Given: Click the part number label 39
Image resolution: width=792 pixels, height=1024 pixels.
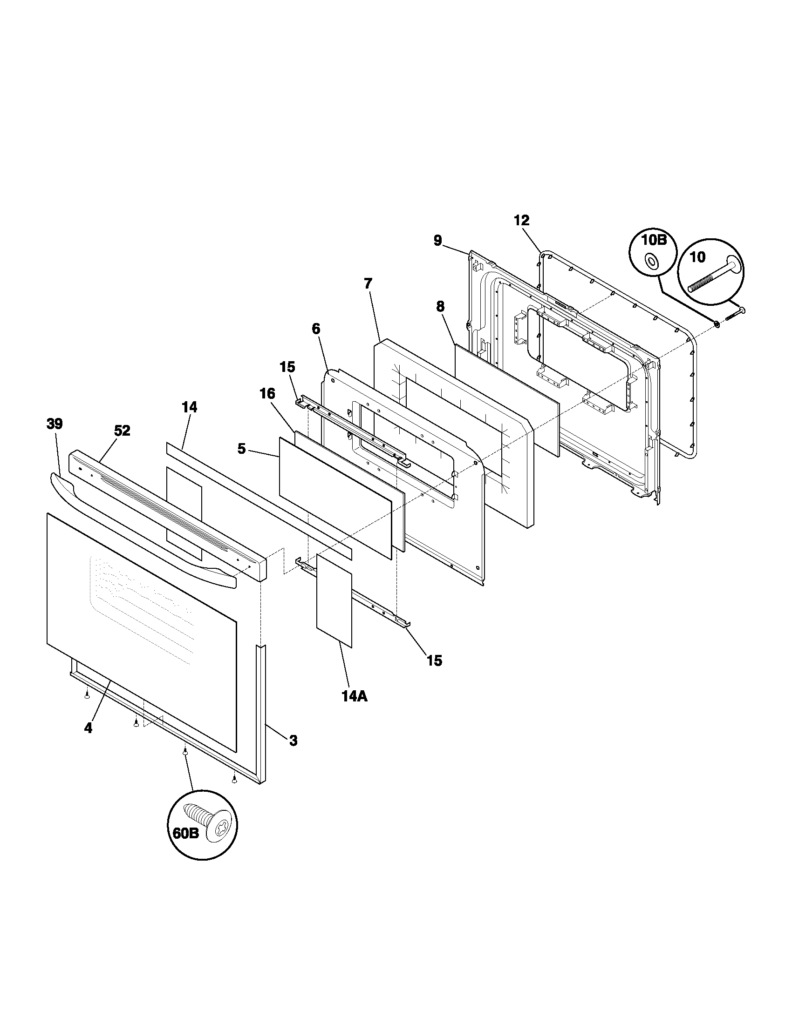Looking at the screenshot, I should point(55,424).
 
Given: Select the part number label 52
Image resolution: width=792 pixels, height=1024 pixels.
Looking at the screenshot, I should point(122,431).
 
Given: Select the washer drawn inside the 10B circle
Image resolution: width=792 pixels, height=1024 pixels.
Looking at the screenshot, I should point(652,262).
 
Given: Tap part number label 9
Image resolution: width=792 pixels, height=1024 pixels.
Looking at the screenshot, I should point(437,241).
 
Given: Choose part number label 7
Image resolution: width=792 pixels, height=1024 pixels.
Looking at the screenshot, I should point(368,283).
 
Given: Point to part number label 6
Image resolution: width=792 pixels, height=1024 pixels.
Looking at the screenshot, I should point(316,329).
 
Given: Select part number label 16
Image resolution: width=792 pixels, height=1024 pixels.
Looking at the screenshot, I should point(267,393).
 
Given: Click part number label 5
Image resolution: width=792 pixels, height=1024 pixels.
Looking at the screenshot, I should point(241,449).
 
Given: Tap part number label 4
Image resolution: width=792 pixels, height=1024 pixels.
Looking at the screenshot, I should point(88,728).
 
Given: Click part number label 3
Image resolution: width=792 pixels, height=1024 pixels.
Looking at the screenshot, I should point(293,741).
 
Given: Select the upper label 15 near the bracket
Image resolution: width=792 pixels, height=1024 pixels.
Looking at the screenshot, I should point(287,367).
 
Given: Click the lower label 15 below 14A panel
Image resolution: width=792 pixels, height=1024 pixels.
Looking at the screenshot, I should point(435,660).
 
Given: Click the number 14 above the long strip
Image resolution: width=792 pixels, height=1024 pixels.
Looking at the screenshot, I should point(190,407).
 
